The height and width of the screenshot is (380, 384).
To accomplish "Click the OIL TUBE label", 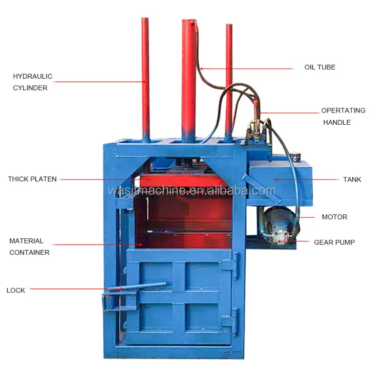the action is (319, 67).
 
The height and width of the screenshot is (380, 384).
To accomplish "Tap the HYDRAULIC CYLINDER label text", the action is (32, 82).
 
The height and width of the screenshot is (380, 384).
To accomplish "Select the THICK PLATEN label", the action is (32, 179).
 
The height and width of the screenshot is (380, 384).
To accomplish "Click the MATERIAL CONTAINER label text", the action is (29, 247).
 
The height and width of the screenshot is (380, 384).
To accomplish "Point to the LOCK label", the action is (16, 290).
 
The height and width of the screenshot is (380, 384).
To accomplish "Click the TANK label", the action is (352, 180).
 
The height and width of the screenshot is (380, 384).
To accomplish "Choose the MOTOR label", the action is (334, 217).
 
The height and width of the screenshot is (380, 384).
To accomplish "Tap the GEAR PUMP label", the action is (334, 242).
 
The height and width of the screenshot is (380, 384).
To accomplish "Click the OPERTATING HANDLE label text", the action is (343, 116).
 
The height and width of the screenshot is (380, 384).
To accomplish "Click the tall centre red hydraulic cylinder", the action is (189, 77).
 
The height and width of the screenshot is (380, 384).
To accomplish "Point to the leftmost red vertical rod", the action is (146, 77).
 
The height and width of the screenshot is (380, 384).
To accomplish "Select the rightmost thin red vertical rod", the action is (228, 77).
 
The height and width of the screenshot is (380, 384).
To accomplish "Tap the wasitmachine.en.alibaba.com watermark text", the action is (192, 191).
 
